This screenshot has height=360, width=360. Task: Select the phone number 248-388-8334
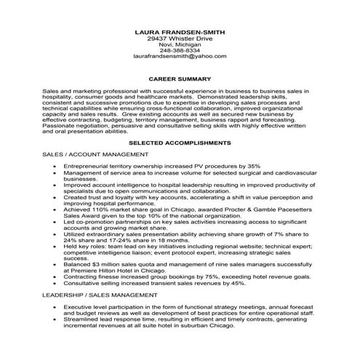tap(180, 49)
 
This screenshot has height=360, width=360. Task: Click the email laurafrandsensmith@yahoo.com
tap(180, 55)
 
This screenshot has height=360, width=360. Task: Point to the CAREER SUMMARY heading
tap(180, 79)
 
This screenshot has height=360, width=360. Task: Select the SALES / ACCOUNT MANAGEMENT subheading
tap(92, 155)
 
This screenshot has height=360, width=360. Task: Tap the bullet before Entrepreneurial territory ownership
tap(55, 167)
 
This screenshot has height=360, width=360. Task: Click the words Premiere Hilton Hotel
tap(109, 271)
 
